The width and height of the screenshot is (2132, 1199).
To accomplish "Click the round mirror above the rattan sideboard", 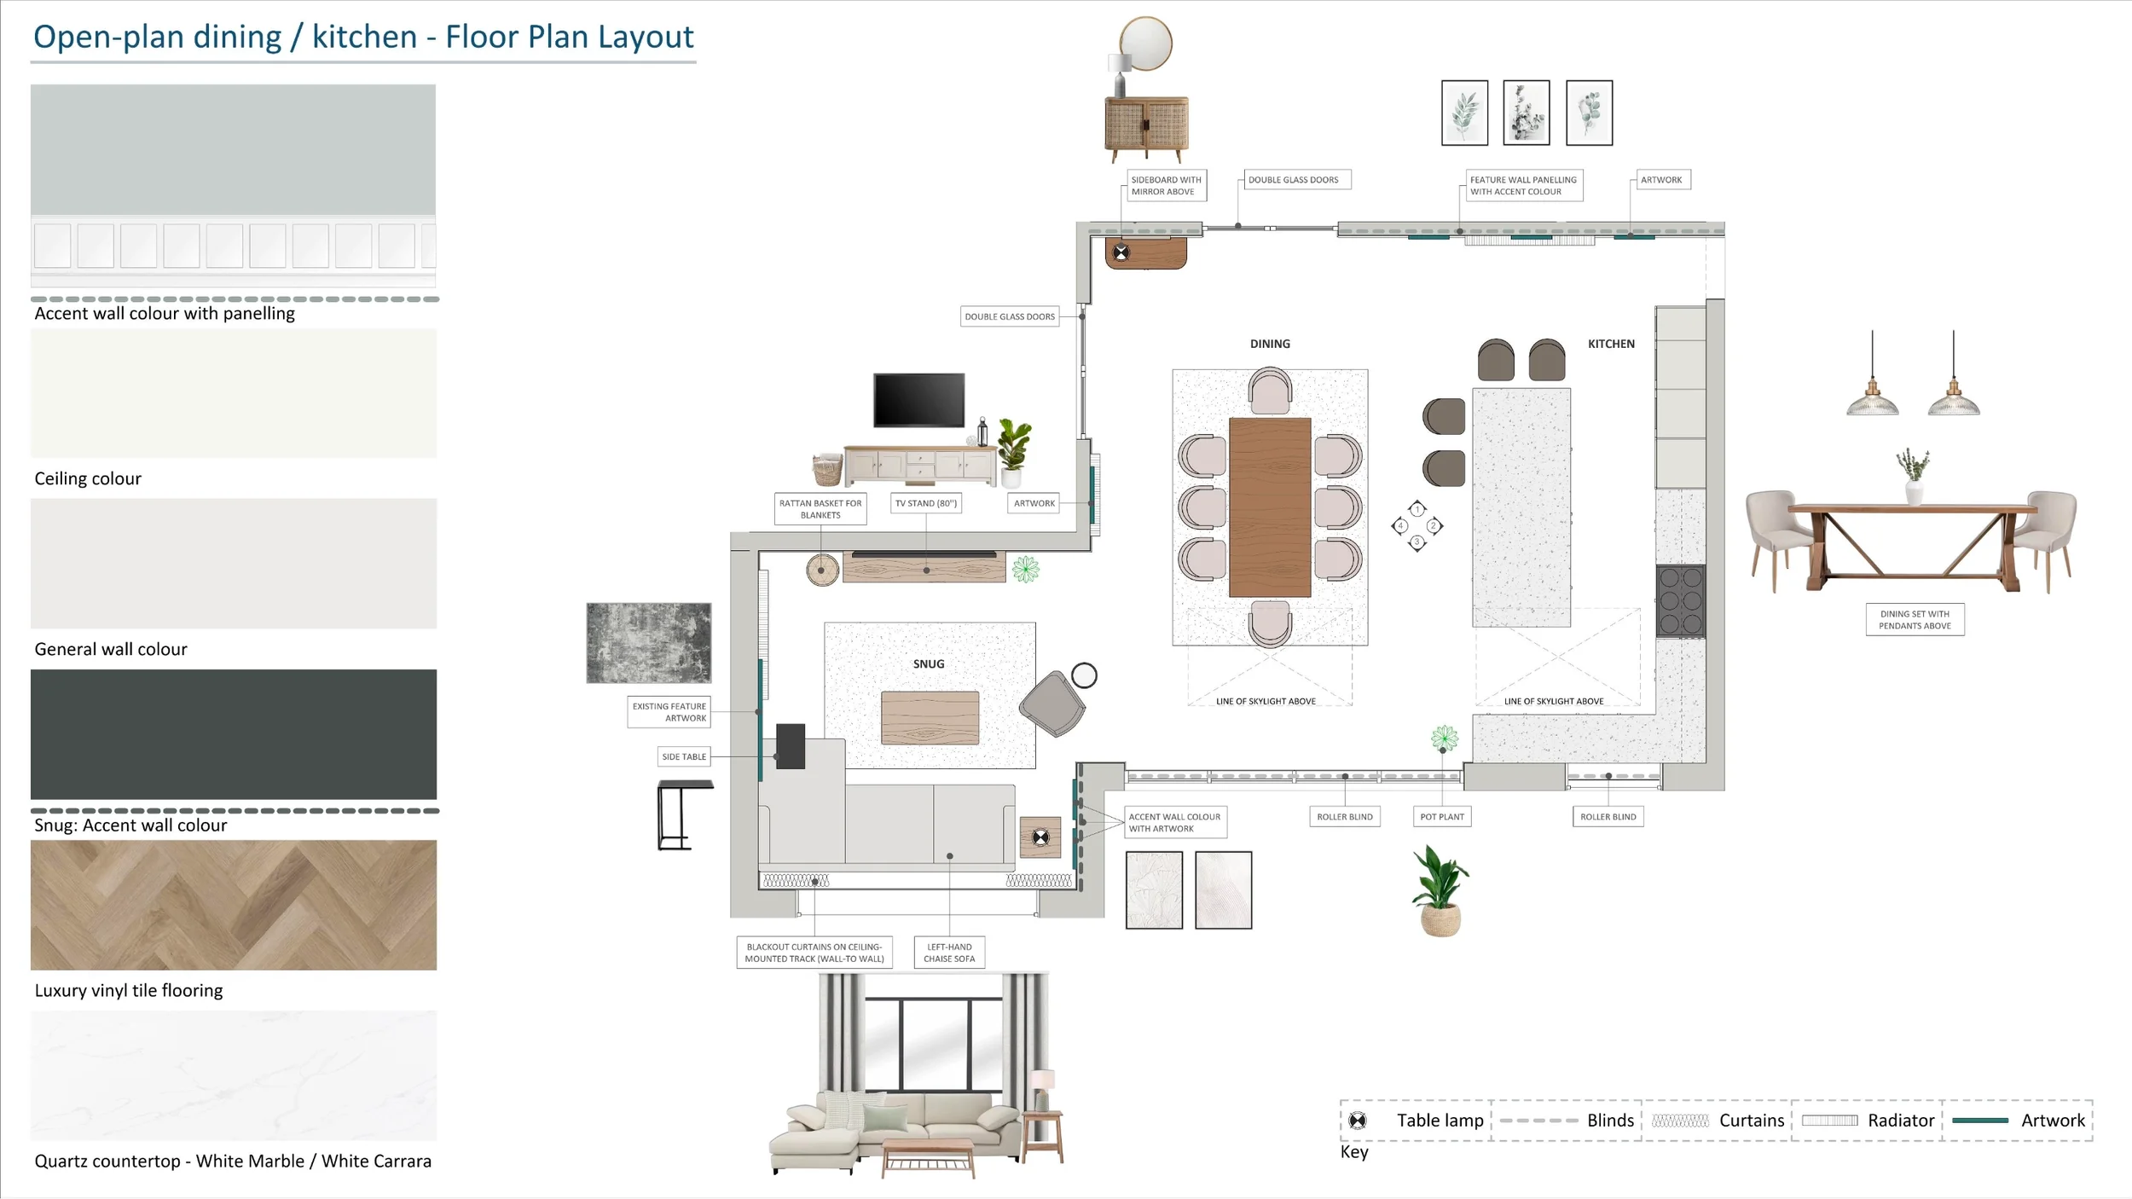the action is [1145, 43].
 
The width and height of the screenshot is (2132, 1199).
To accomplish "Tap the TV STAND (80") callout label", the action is [926, 503].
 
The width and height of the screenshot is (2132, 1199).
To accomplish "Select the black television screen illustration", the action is [918, 399].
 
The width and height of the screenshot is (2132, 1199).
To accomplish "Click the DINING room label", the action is [1270, 344].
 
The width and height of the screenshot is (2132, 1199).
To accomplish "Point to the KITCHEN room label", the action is [1611, 344].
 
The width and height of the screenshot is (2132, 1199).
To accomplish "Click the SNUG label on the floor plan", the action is [929, 663].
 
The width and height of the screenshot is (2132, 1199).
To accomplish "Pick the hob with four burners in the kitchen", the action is [1680, 600].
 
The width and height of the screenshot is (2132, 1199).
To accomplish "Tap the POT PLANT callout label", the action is [1442, 816].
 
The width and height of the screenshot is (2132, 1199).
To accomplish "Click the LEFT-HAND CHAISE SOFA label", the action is [949, 953].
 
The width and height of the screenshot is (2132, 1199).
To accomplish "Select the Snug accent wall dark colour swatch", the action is [234, 734].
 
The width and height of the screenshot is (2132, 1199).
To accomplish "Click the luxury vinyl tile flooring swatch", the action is [234, 905].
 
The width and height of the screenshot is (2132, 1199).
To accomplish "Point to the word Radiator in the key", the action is [1900, 1121].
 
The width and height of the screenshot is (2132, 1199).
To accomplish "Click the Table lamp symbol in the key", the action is [1358, 1121].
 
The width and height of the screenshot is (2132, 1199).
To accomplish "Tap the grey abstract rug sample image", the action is [649, 643].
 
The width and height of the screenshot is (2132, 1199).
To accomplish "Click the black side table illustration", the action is [684, 814].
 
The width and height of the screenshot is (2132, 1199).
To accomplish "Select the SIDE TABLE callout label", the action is [684, 756].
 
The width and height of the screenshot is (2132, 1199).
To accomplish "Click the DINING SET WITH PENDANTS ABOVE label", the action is [1915, 620].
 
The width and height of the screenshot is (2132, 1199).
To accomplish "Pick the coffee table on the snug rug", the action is [930, 718].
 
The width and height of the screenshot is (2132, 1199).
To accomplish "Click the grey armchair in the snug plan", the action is [1053, 704].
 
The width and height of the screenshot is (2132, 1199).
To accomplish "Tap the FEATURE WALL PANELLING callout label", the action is [1523, 186].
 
